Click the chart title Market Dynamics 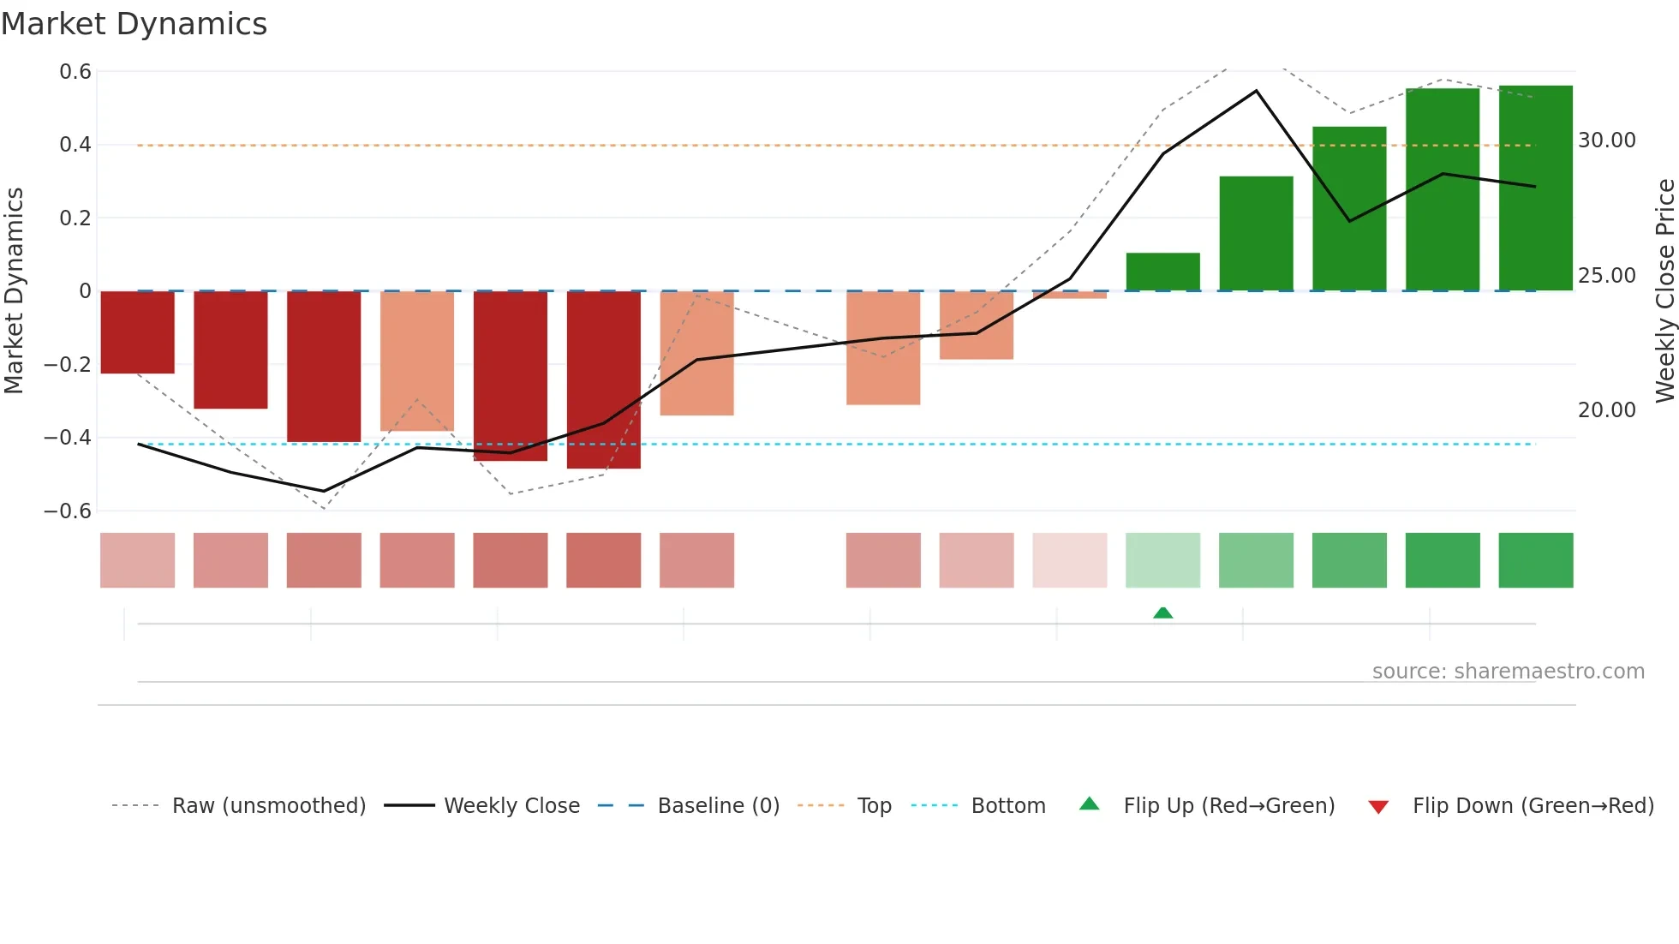point(134,24)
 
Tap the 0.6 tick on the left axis point(75,72)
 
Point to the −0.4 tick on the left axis point(68,438)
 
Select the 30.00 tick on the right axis point(1606,140)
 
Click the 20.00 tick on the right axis point(1606,410)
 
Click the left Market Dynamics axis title point(14,291)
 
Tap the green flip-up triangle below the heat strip point(1162,612)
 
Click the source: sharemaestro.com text point(1508,672)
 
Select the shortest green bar point(1162,272)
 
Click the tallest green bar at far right point(1535,188)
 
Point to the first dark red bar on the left point(137,332)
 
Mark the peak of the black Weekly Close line point(1256,91)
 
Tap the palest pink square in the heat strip point(1069,560)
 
